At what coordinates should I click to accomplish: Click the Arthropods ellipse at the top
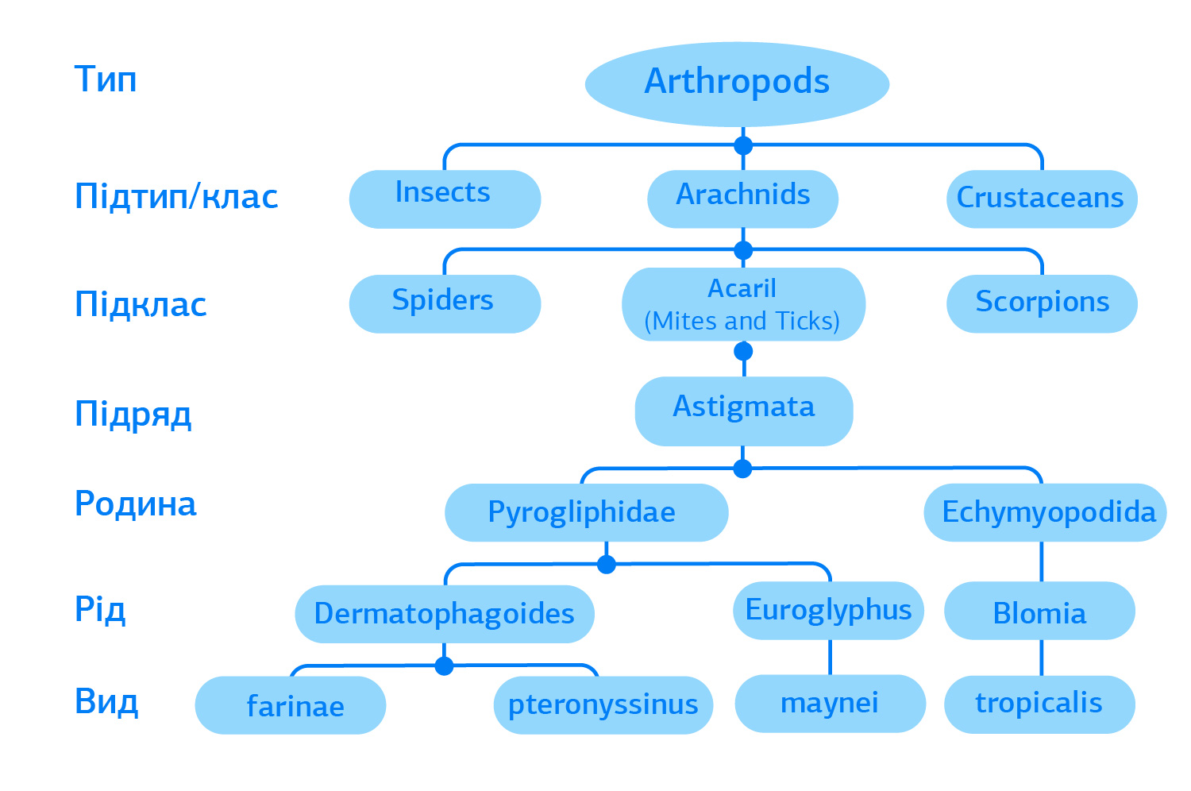point(737,84)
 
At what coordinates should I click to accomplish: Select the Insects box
point(445,199)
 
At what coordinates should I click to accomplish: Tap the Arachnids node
point(742,199)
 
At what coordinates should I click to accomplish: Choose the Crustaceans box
point(1042,199)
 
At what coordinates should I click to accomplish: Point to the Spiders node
point(445,303)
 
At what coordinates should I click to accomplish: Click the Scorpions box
point(1042,303)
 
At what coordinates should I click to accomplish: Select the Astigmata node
point(744,411)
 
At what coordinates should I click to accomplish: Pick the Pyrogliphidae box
point(587,512)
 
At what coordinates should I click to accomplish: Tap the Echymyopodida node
point(1046,512)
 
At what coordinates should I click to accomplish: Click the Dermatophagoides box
point(445,614)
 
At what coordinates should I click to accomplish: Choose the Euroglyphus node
point(828,611)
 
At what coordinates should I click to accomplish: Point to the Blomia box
point(1039,611)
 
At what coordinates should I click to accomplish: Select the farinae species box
point(291,705)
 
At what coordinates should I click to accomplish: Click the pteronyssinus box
point(603,705)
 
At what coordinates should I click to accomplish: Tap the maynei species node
point(830,704)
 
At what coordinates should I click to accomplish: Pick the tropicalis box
point(1039,704)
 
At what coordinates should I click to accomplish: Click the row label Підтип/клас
point(176,196)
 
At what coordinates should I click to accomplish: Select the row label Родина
point(136,504)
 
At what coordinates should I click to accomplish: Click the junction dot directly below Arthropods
point(742,145)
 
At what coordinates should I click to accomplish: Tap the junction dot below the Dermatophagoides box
point(444,666)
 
